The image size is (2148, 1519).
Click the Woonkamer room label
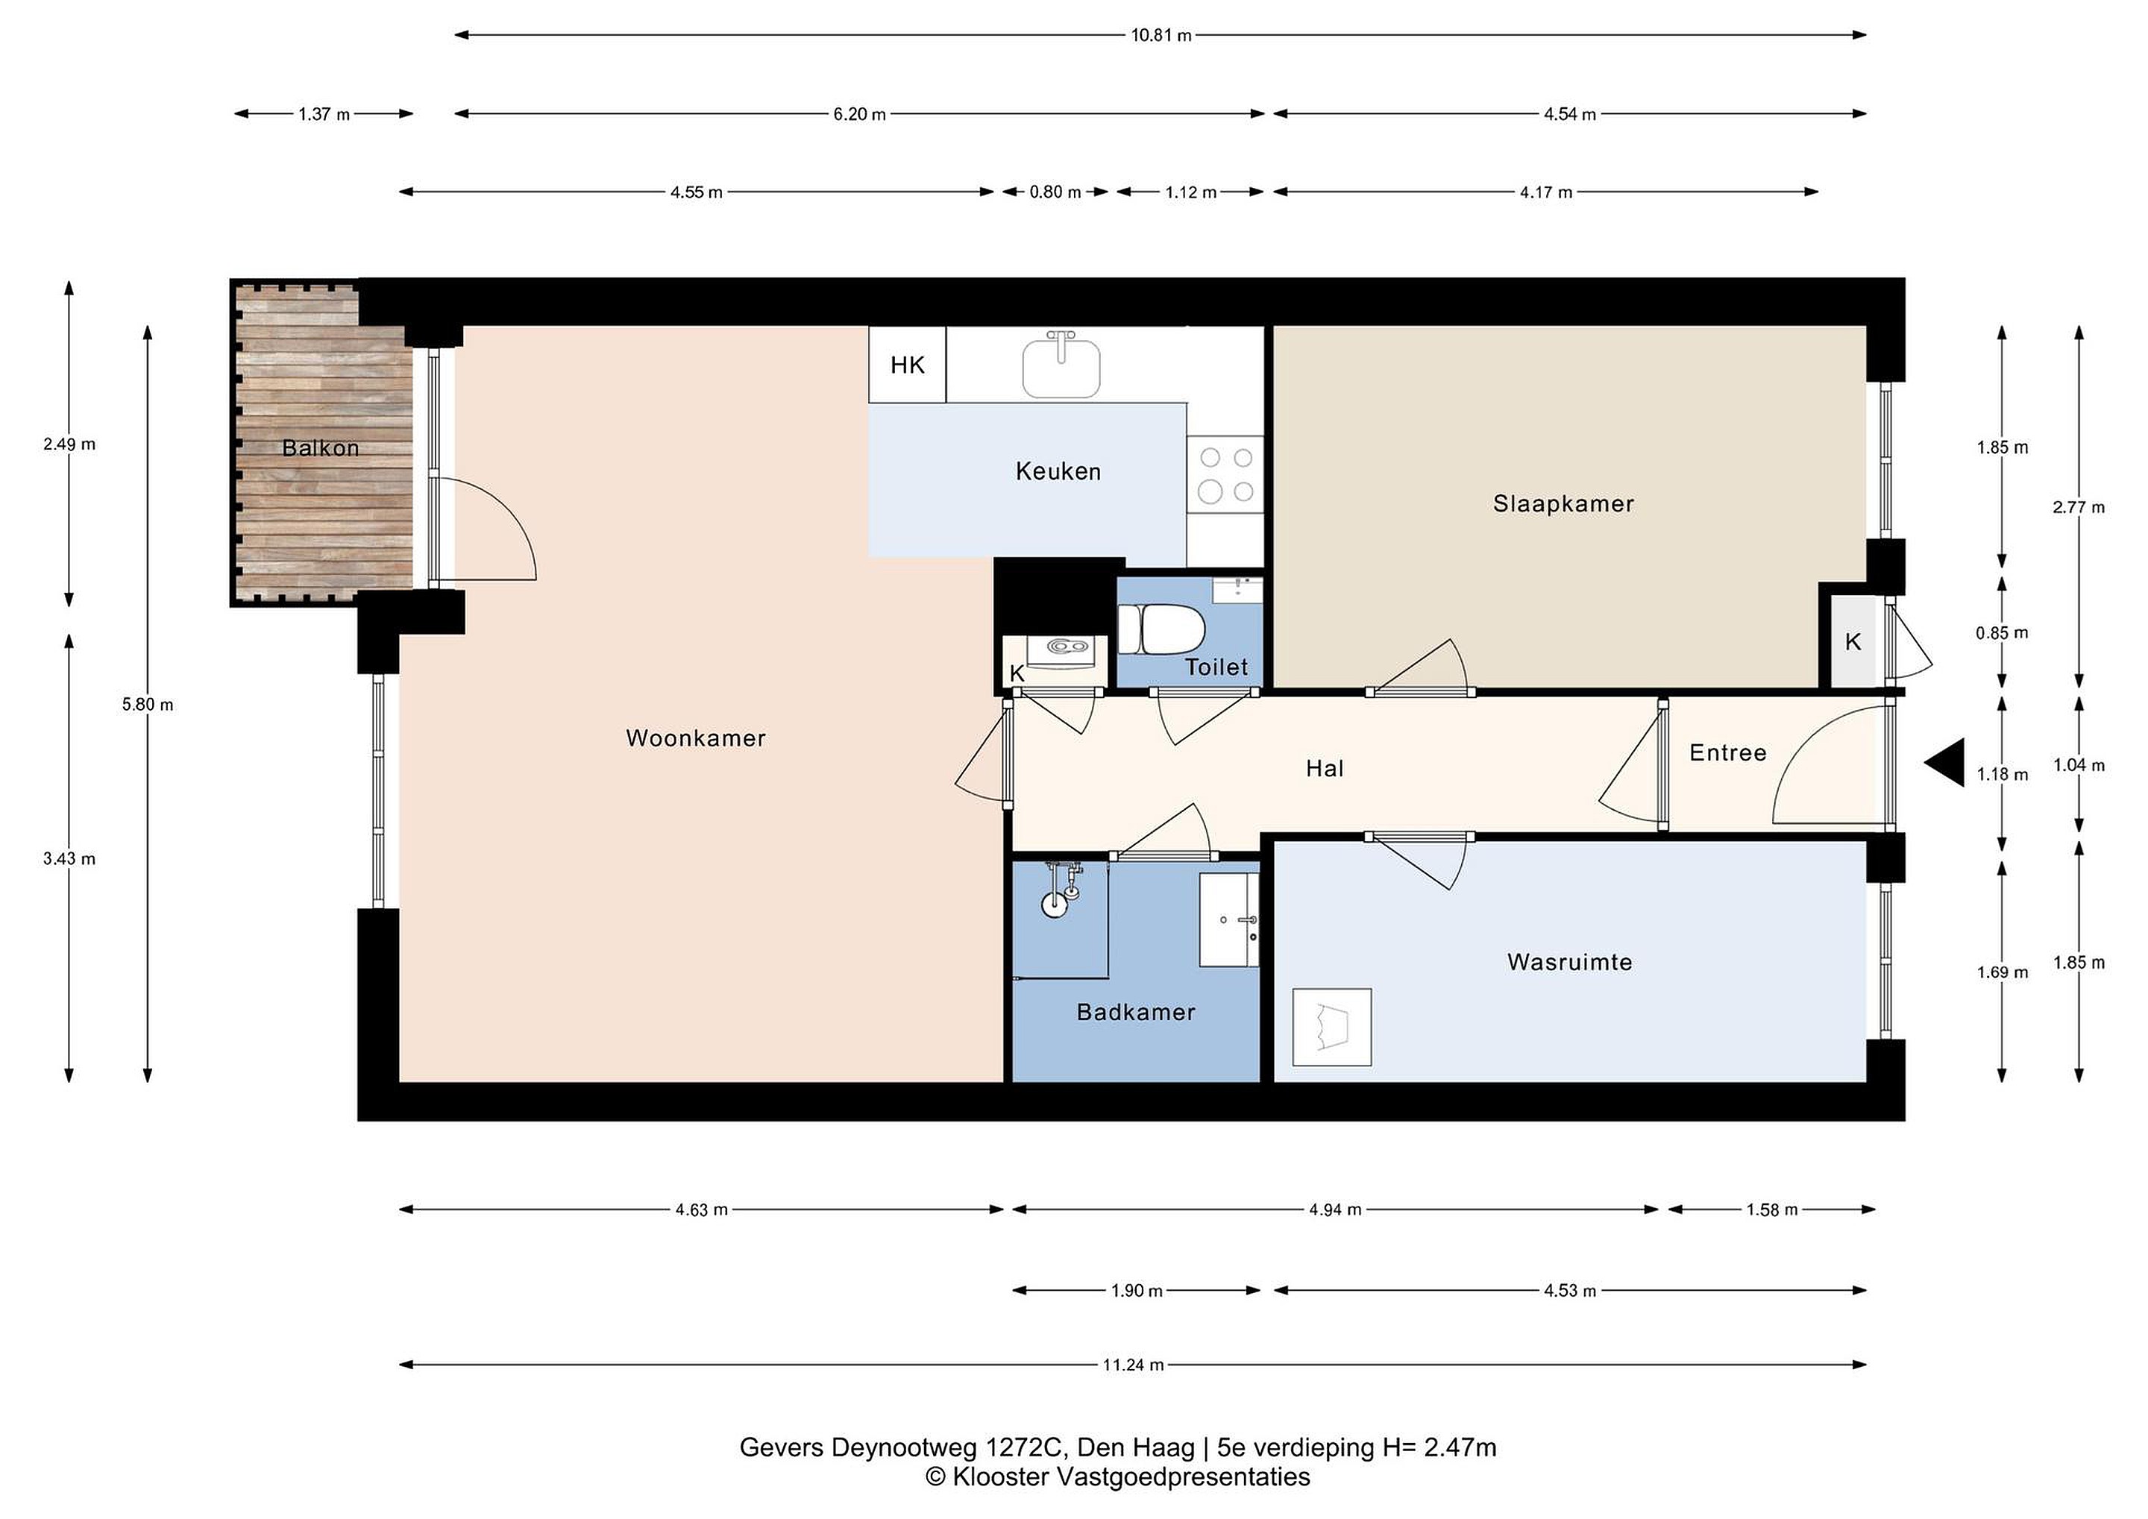695,738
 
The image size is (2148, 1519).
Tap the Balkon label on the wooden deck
321,448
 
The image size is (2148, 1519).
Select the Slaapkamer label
1563,504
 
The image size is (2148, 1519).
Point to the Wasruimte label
1569,963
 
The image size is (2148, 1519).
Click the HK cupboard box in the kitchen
908,365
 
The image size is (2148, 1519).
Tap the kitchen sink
1061,365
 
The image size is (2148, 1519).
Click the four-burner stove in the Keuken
1225,474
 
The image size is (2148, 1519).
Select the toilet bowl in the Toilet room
1160,629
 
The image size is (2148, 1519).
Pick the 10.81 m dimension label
1161,36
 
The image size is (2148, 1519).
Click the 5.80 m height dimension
148,704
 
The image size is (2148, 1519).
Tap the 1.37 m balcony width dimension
324,114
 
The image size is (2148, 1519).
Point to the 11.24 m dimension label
1133,1365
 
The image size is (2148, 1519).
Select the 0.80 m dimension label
1055,192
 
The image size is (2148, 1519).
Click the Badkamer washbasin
1229,920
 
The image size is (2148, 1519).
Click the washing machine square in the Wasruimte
1331,1027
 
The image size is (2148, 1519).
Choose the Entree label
1728,753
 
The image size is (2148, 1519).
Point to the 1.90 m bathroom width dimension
1137,1291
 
